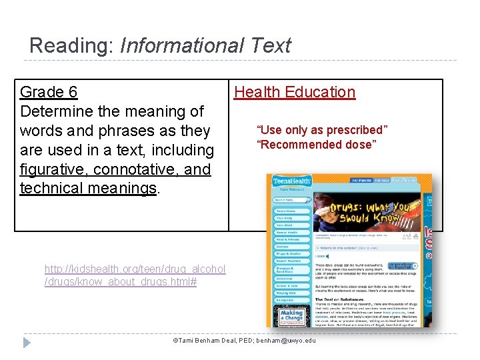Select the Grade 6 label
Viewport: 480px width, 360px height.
pyautogui.click(x=49, y=92)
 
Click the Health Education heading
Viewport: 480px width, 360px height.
pyautogui.click(x=295, y=92)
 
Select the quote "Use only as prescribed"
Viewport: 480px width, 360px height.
pyautogui.click(x=322, y=130)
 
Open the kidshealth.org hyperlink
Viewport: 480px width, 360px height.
pyautogui.click(x=135, y=275)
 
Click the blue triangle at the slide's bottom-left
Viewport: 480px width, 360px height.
pyautogui.click(x=27, y=343)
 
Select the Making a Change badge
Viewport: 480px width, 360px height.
pyautogui.click(x=291, y=316)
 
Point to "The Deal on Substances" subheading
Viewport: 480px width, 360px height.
pyautogui.click(x=341, y=298)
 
